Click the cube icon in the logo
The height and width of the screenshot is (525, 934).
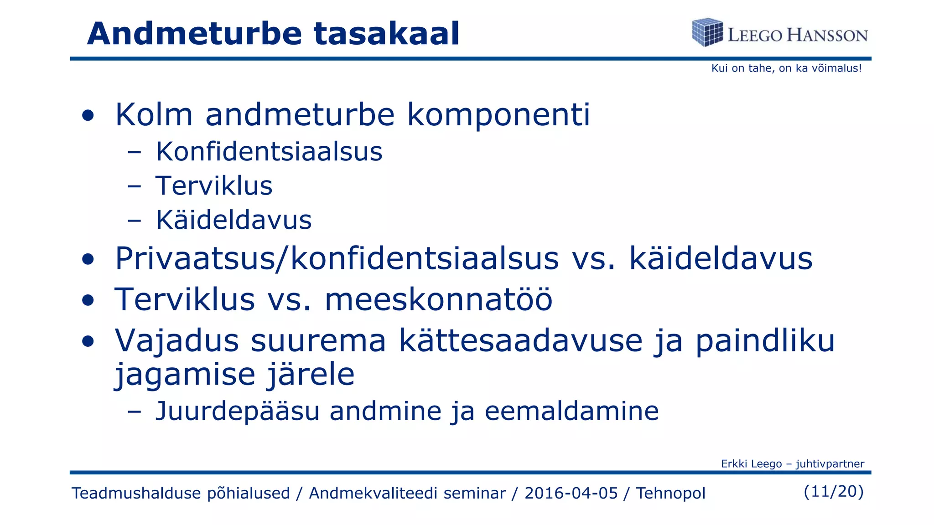coord(707,32)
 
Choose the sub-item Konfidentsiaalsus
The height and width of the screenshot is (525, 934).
coord(269,151)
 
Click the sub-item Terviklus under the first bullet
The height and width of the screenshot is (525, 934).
coord(214,186)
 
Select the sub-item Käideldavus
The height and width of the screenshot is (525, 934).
coord(233,220)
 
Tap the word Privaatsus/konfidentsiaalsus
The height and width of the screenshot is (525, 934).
coord(337,259)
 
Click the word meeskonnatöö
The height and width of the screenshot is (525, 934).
coord(438,300)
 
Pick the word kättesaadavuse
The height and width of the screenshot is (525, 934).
coord(520,340)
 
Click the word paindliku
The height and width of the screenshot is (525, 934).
coord(765,341)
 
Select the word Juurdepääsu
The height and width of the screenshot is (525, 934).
coord(237,411)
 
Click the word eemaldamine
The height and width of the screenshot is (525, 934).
coord(571,411)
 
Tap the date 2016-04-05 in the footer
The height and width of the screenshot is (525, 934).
coord(571,493)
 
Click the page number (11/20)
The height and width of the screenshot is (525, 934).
coord(834,491)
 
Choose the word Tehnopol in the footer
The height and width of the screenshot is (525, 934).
coord(670,493)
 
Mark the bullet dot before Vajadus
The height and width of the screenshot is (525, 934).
coord(88,341)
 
